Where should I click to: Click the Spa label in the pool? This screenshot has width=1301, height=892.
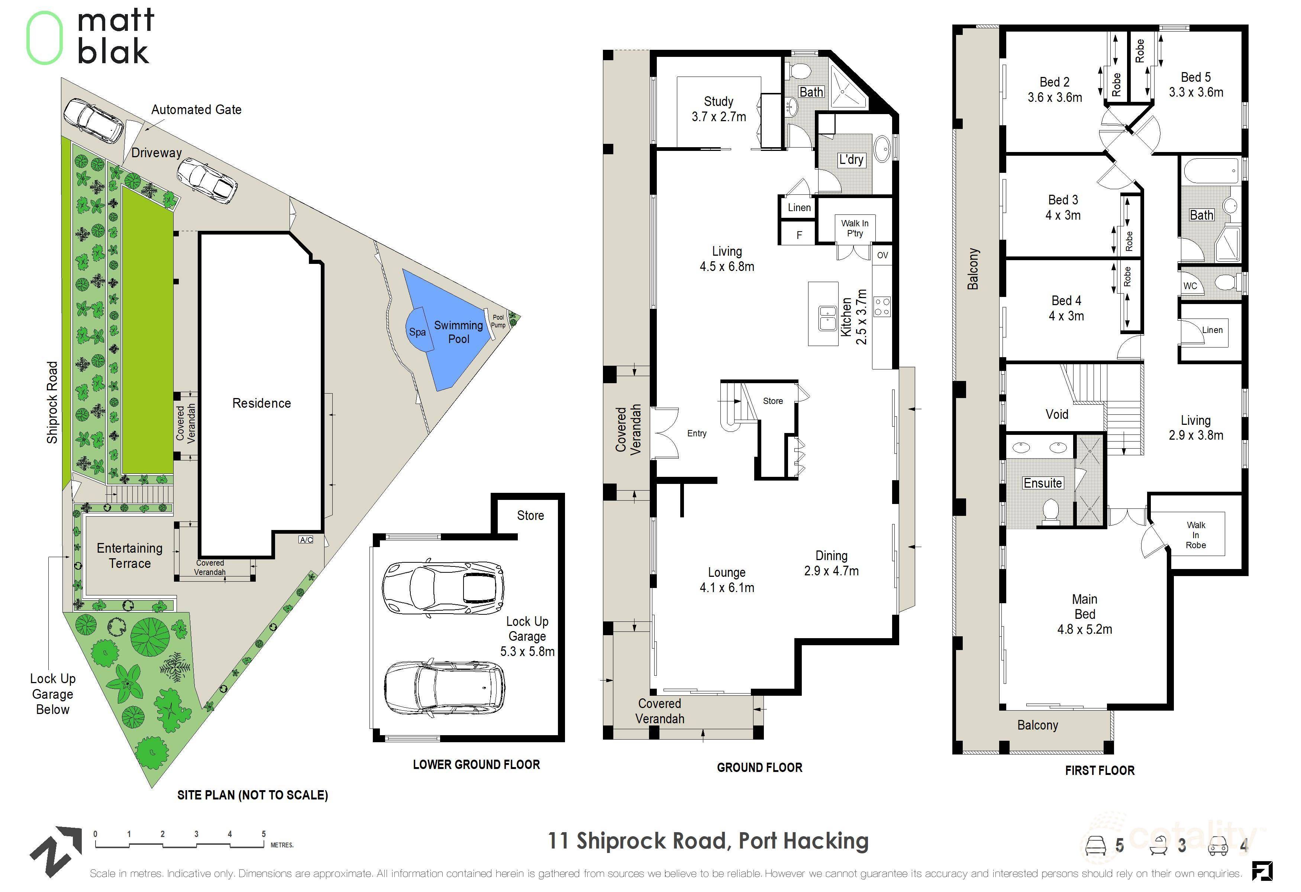[417, 332]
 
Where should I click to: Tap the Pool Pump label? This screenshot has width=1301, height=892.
[498, 321]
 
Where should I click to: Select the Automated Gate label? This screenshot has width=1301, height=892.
[197, 110]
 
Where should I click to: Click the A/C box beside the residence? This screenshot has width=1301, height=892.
[306, 540]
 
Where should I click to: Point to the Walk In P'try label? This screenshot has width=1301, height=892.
[855, 228]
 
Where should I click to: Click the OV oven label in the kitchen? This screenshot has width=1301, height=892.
[882, 255]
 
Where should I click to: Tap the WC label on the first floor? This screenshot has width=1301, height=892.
[1190, 286]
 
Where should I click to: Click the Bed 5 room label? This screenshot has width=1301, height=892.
[1196, 77]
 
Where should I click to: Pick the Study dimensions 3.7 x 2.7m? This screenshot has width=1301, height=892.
[719, 117]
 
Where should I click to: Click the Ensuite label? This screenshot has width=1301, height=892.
[1042, 483]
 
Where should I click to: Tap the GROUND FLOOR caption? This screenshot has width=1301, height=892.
[760, 768]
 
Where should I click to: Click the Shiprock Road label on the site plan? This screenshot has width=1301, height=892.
[52, 403]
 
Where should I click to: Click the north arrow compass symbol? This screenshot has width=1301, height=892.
[56, 851]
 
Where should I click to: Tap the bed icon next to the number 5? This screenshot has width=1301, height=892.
[1097, 846]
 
